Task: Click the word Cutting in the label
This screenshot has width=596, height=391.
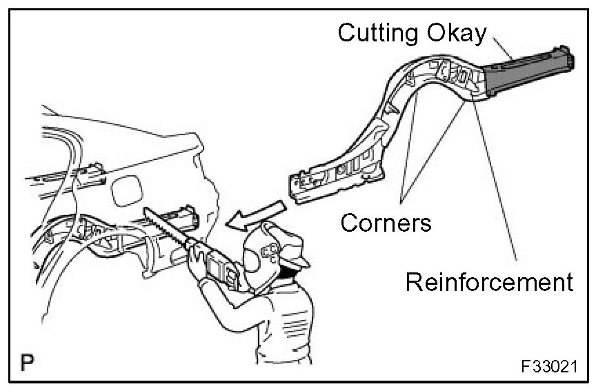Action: click(377, 32)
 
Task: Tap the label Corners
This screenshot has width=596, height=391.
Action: click(386, 222)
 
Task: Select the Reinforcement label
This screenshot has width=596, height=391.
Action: click(489, 281)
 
